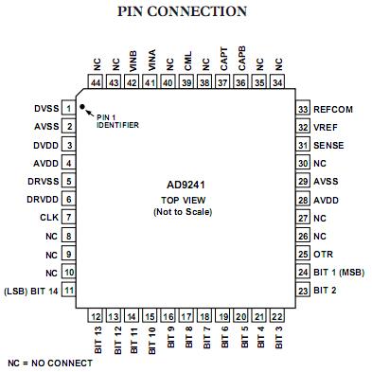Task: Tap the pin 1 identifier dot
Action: (x=83, y=108)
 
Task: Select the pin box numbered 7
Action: (x=69, y=217)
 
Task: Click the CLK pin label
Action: (x=49, y=217)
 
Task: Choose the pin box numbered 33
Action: (x=303, y=109)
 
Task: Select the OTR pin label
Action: (x=322, y=253)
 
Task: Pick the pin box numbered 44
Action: (x=97, y=83)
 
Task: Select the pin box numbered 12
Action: (x=97, y=315)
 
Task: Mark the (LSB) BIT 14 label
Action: (x=31, y=289)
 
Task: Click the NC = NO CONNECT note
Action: (x=49, y=363)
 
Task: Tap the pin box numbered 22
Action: (x=277, y=315)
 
